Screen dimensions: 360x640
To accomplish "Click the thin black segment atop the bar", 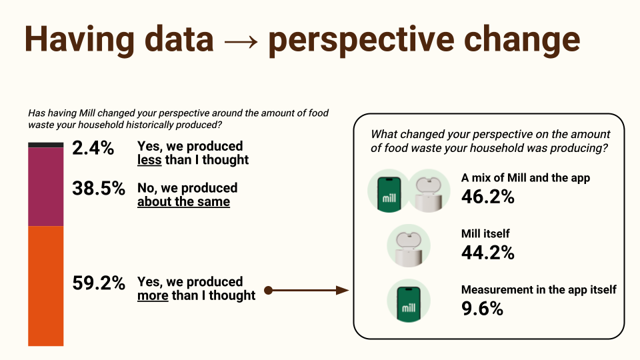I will coord(45,145).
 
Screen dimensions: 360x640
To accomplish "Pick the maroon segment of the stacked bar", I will coord(45,187).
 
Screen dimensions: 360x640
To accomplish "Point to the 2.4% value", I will coord(93,148).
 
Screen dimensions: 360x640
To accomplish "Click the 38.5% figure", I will coord(99,189).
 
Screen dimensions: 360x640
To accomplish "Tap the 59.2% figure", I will coord(99,283).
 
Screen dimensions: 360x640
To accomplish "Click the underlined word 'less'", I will coord(149,160).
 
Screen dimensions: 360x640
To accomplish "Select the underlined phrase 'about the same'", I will coord(183,202).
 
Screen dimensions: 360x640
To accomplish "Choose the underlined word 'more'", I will coord(153,295).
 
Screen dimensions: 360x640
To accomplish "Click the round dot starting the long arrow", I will coord(268,290).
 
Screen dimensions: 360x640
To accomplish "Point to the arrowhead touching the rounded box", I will coord(342,290).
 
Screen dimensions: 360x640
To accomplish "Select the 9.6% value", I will coord(482,308).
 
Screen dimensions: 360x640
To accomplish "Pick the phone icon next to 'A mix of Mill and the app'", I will coord(388,191).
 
